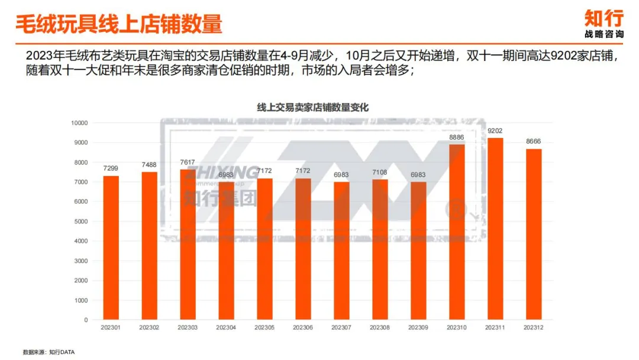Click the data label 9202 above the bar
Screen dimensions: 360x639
(495, 131)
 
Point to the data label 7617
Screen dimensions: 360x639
(188, 162)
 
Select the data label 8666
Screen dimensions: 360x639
(534, 142)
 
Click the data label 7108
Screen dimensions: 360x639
(380, 172)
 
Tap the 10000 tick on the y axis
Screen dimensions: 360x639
(79, 123)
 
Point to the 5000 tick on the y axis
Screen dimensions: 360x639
(81, 221)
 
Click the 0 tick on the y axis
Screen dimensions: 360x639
(86, 320)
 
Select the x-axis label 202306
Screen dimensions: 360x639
(303, 327)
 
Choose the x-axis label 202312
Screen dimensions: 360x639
(534, 327)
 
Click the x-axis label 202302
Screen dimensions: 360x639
(150, 327)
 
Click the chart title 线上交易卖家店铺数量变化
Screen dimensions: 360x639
(313, 107)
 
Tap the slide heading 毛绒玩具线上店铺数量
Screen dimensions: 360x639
(118, 24)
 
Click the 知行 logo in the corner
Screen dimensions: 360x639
(603, 17)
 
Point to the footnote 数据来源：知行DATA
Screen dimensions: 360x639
(49, 352)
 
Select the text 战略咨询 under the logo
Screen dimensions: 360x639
(603, 34)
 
